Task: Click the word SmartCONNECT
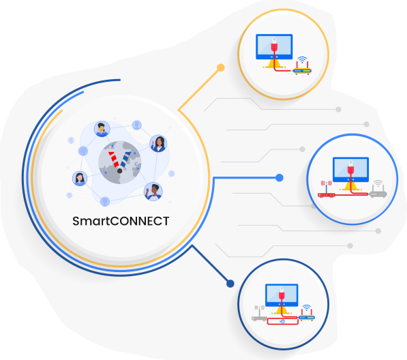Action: coord(121,221)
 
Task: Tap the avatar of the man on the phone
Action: coord(102,129)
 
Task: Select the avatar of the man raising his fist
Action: coord(153,192)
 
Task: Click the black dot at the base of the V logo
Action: coord(120,170)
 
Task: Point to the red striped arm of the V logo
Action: coord(113,160)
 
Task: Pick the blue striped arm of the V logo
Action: coord(125,160)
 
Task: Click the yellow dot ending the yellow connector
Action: coord(221,67)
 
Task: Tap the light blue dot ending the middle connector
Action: coord(280,178)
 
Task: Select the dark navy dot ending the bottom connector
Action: coord(230,284)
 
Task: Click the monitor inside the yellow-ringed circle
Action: coord(274,51)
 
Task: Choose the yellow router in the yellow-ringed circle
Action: coord(302,68)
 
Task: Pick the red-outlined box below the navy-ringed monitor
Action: coord(282,321)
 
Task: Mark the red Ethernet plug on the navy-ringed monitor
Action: coord(282,294)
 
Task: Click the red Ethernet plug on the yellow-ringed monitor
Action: coord(274,45)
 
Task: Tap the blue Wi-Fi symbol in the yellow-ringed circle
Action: coord(302,60)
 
